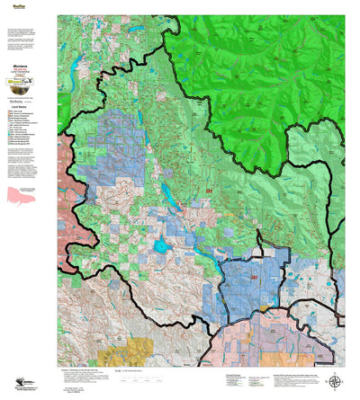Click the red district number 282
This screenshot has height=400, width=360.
coord(242,280)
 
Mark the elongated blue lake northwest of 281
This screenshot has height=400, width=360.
coord(167,192)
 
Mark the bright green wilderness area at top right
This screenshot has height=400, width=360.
coord(270,63)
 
